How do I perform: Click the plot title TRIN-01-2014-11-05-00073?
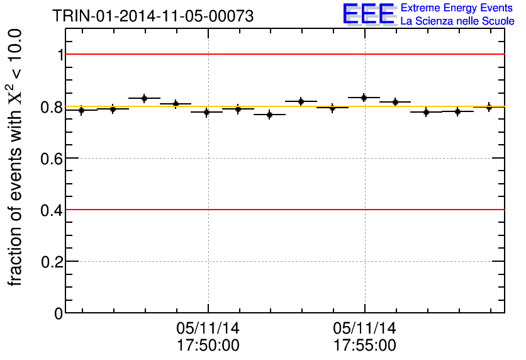(x=153, y=16)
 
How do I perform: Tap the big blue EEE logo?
(x=369, y=14)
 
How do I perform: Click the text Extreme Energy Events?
(x=457, y=8)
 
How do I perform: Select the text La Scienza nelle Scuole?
(x=457, y=21)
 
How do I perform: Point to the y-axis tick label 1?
(x=60, y=55)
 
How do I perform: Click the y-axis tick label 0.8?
(x=52, y=107)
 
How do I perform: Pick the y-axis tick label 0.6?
(x=52, y=159)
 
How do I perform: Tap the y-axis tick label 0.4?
(x=52, y=210)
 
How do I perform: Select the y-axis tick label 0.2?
(x=52, y=262)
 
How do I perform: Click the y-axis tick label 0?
(x=59, y=313)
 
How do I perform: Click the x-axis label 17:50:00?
(x=208, y=346)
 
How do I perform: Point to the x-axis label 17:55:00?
(x=365, y=346)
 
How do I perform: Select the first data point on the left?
(x=81, y=110)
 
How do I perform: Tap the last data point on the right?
(x=489, y=107)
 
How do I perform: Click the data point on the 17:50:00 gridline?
(x=207, y=112)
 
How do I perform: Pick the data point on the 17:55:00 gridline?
(x=364, y=98)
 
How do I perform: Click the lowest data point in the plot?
(x=269, y=115)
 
